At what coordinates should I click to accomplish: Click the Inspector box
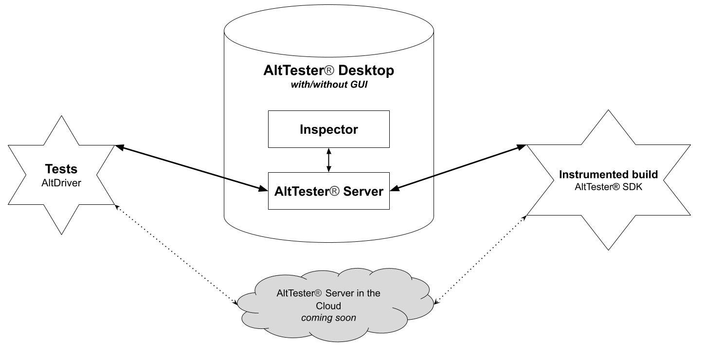[328, 129]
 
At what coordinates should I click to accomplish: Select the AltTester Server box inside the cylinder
[328, 191]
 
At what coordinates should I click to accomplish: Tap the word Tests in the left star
[61, 169]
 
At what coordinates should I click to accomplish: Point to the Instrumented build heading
[608, 174]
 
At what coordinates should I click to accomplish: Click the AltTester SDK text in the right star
[608, 186]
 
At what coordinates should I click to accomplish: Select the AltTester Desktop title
[328, 71]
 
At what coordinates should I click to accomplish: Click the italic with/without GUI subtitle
[328, 86]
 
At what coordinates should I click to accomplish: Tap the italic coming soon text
[328, 318]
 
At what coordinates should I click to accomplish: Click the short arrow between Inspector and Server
[328, 160]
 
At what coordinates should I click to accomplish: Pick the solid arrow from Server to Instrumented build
[460, 167]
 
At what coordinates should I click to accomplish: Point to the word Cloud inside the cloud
[328, 306]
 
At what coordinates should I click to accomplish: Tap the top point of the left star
[61, 117]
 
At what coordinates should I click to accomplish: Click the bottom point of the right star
[609, 249]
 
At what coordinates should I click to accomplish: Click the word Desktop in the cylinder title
[365, 71]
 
